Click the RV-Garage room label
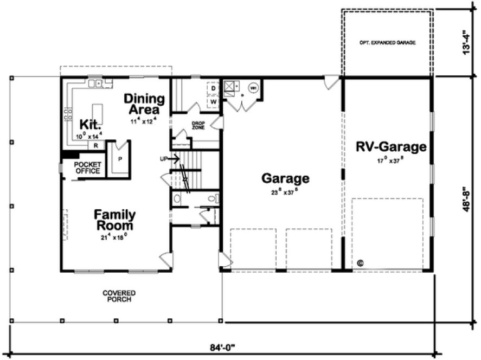(391, 146)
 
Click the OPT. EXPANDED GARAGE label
(387, 42)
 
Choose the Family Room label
(114, 220)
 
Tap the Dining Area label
(144, 104)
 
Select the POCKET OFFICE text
(87, 168)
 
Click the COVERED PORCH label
(119, 296)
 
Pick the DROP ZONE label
(198, 125)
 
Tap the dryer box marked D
(213, 88)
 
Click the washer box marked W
(213, 101)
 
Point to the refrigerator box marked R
(96, 145)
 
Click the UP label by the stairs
(164, 159)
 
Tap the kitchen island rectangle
(98, 114)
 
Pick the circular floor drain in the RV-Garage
(360, 263)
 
